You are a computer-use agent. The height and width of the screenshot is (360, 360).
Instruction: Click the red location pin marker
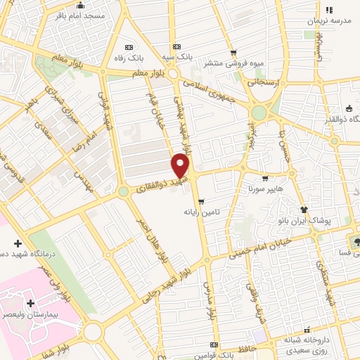tap(181, 166)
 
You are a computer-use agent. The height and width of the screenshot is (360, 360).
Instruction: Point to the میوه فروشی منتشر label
tap(234, 64)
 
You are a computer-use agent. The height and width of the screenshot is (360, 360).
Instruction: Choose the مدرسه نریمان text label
tap(327, 20)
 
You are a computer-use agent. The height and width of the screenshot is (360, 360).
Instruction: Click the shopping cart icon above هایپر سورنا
tap(264, 179)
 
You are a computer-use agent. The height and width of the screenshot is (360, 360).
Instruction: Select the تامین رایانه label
tap(202, 212)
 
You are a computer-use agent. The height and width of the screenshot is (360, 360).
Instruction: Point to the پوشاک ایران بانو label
tap(324, 220)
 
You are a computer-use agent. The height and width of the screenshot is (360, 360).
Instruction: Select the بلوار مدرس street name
tap(210, 303)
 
